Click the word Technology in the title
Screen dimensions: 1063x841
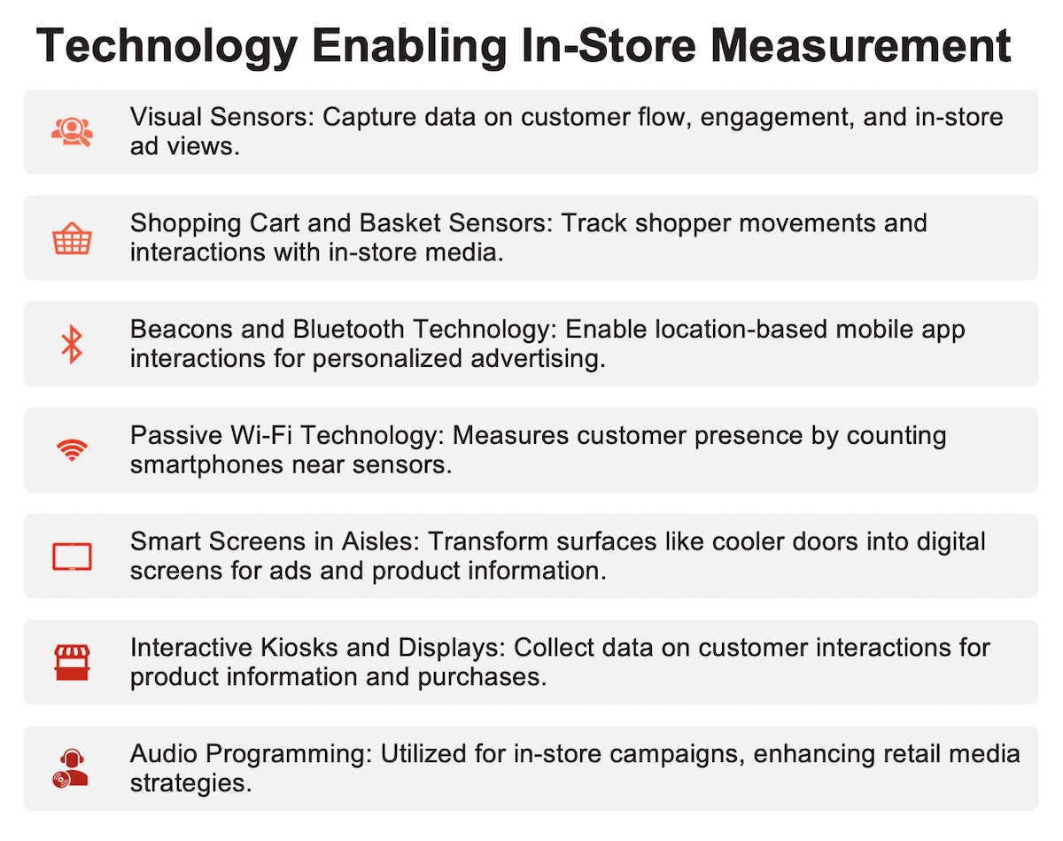coord(167,47)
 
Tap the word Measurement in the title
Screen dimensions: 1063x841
coord(861,45)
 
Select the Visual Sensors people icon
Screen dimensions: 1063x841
coord(72,132)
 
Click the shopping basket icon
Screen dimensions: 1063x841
coord(72,238)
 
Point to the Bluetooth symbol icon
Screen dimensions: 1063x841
coord(72,344)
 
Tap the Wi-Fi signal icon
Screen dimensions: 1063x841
coord(72,449)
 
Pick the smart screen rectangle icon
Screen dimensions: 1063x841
coord(72,557)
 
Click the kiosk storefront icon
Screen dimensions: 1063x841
coord(72,662)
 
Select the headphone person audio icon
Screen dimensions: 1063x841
coord(71,768)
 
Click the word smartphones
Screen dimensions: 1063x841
coord(206,466)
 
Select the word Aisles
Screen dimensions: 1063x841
coord(380,542)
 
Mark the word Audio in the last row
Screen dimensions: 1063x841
coord(164,754)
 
